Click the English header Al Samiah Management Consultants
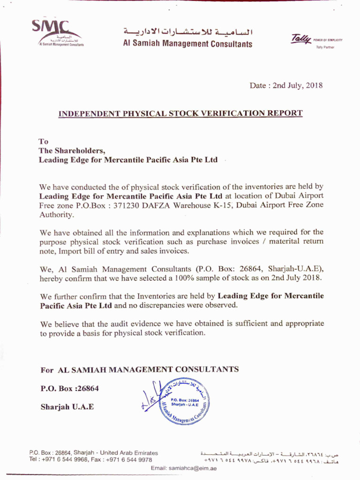tap(187, 44)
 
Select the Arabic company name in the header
tap(187, 32)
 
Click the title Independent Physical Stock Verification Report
tap(180, 113)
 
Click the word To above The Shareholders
tap(43, 141)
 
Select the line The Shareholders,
tap(72, 150)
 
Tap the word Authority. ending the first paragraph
tap(57, 215)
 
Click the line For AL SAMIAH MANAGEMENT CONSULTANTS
tap(140, 369)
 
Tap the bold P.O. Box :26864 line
tap(70, 389)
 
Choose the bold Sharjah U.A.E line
tap(67, 407)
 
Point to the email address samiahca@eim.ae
tap(193, 468)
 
